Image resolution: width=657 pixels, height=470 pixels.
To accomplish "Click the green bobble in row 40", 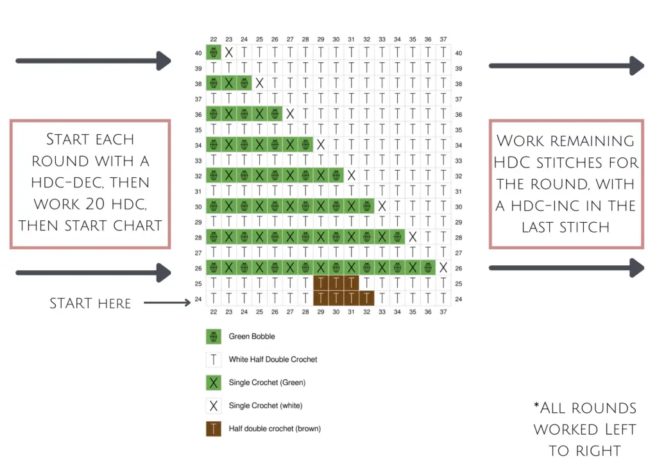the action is coord(214,53).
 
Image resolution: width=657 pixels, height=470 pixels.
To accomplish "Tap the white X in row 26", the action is coord(443,268).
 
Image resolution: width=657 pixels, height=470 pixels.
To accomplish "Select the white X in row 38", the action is coord(260,83).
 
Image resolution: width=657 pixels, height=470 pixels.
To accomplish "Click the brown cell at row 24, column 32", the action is coord(366,299).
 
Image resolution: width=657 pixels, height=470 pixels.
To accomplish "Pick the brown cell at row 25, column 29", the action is coord(321,283).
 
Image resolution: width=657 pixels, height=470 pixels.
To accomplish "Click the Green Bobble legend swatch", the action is coord(214,336).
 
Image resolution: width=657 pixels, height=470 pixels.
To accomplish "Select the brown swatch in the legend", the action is coord(214,428).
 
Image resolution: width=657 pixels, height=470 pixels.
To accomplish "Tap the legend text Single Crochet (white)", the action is coord(266,405).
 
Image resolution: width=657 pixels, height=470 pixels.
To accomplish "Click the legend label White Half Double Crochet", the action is coord(273,360).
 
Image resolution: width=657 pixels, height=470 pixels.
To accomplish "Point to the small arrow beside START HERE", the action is coord(167,302).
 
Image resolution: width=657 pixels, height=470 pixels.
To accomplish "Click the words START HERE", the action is coord(90,303).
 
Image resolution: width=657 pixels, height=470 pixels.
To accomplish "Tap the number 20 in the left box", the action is coord(95,204).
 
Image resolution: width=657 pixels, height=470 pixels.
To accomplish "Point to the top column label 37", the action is coord(443,39).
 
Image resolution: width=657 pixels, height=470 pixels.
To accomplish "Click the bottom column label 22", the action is coord(214,312).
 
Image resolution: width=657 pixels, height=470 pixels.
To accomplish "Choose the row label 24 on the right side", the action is coord(459,299).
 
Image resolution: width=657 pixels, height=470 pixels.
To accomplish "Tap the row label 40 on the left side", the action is coord(198,53).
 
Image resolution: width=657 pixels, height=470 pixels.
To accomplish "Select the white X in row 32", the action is coord(352,176).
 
